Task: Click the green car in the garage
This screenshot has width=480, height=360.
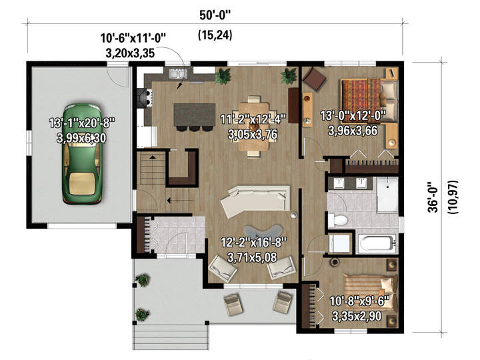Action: [82, 154]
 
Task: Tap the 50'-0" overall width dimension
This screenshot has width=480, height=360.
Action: [215, 15]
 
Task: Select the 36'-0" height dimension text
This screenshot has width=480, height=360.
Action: [433, 197]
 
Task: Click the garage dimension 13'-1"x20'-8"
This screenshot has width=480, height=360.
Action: [82, 123]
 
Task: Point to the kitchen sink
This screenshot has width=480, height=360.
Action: [178, 74]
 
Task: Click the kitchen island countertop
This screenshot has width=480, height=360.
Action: [195, 115]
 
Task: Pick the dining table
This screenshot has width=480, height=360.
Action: [253, 127]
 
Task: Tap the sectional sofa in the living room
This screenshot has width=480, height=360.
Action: [255, 200]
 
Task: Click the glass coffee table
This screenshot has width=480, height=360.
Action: [263, 233]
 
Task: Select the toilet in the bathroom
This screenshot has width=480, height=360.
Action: [337, 220]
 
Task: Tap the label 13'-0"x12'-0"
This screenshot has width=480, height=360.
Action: [353, 116]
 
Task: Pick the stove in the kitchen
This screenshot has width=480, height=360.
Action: [145, 98]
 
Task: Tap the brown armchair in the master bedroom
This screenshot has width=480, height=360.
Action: [314, 79]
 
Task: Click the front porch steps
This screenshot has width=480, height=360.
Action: [171, 337]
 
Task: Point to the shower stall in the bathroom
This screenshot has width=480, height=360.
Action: [387, 195]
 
